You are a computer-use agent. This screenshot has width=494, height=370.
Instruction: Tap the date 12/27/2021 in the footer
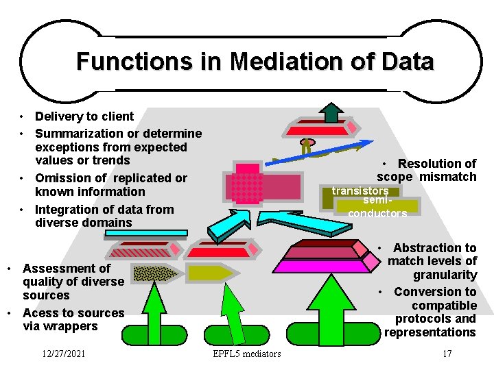[63, 354]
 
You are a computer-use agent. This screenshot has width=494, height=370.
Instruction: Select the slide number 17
[447, 354]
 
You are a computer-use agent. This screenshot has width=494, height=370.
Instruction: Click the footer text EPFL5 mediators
[247, 354]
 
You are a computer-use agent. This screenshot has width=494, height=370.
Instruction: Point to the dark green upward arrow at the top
[331, 112]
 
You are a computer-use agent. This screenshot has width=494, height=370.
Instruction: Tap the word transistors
[360, 190]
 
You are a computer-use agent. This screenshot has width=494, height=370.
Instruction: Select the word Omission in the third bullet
[62, 178]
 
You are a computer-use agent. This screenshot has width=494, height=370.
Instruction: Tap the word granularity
[445, 275]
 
